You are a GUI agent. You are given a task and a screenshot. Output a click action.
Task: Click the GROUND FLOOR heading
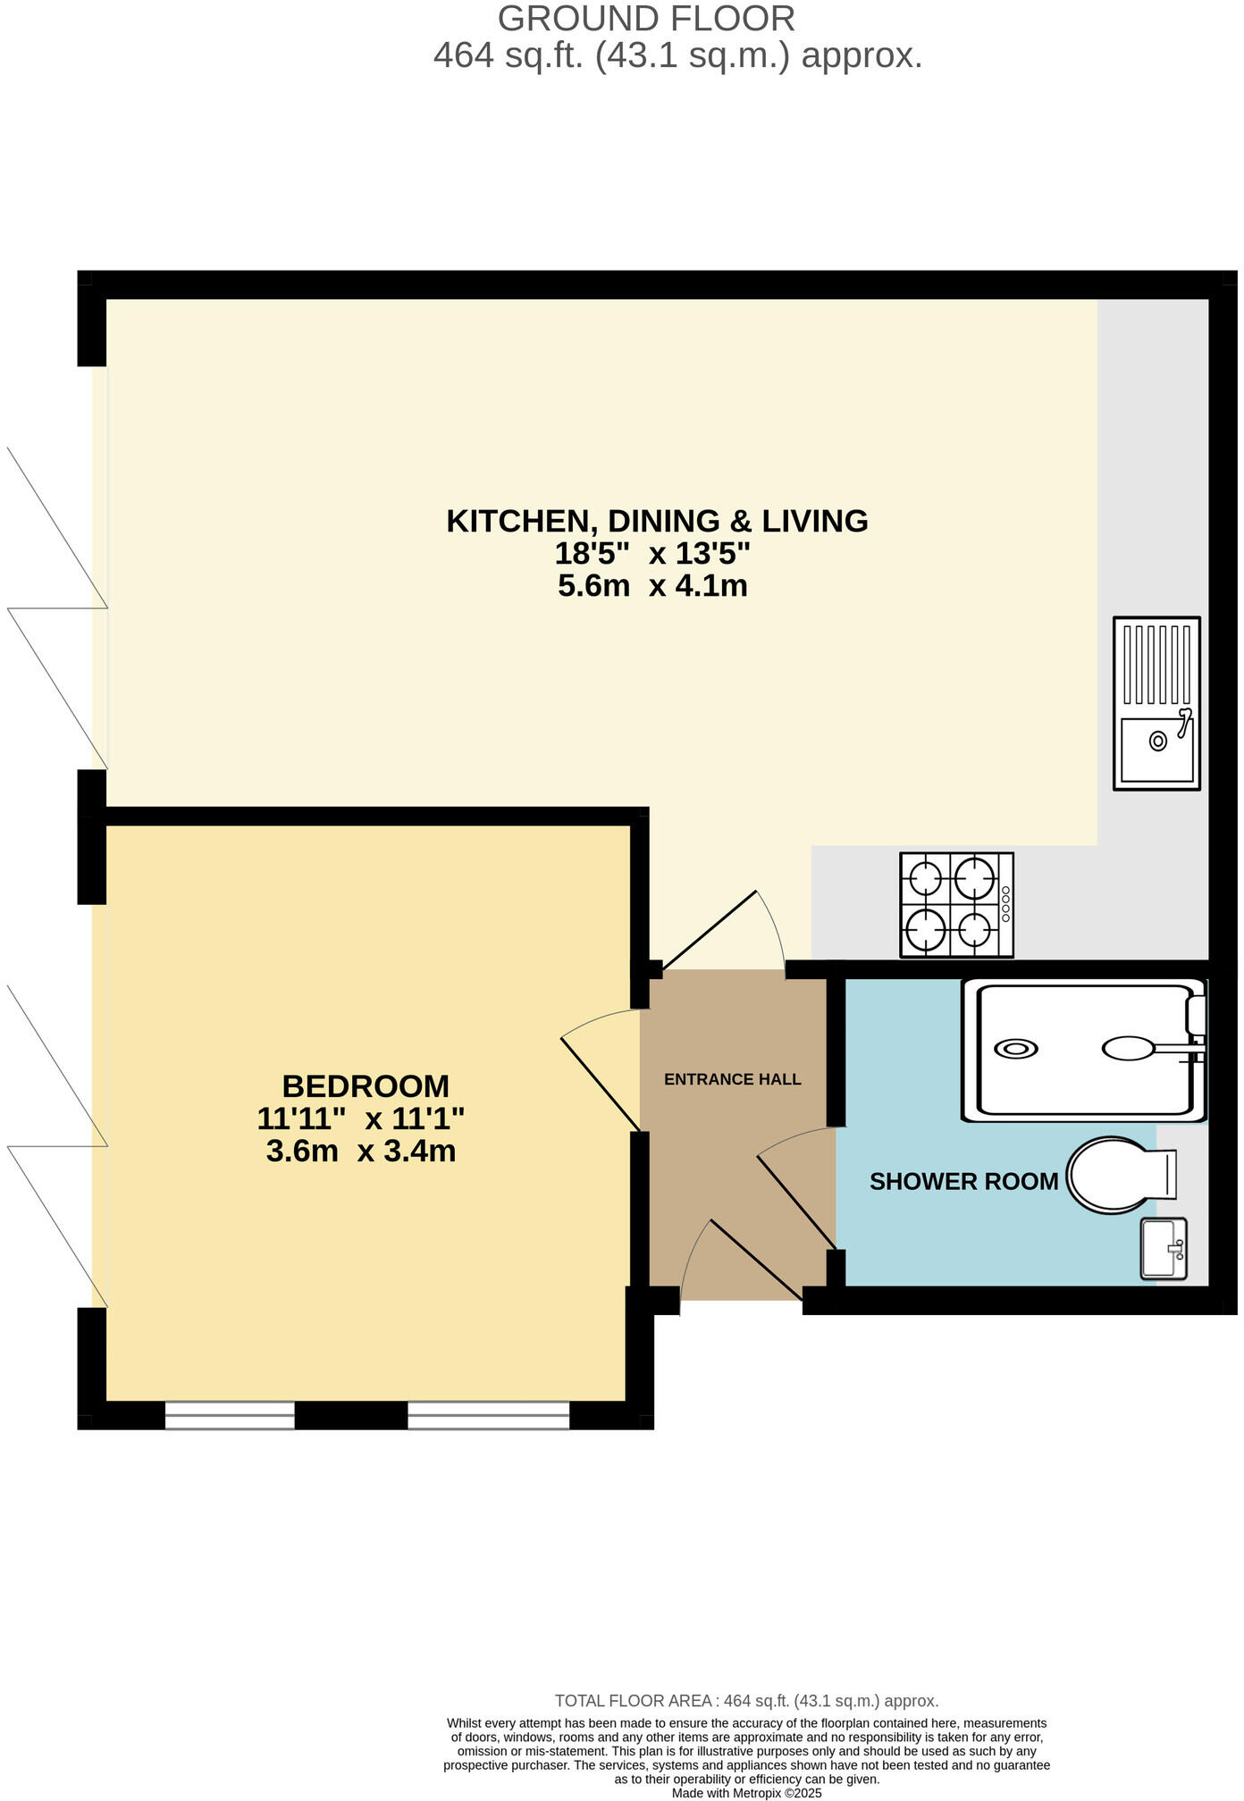point(645,19)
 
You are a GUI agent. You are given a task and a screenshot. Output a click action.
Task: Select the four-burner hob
point(956,904)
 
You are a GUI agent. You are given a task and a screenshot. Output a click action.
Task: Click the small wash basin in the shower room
point(1164,1248)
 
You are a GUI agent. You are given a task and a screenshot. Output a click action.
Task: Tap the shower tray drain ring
point(1016,1049)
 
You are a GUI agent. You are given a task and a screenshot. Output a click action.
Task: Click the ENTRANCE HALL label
point(732,1079)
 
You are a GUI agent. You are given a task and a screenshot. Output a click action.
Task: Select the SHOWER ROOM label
point(963,1181)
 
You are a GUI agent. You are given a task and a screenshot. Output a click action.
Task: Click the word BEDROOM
point(366,1086)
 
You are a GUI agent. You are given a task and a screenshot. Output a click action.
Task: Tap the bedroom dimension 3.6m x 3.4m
point(361,1151)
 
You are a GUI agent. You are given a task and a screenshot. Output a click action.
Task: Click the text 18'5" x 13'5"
point(651,554)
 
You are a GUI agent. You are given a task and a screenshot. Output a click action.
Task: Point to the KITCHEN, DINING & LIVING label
point(657,521)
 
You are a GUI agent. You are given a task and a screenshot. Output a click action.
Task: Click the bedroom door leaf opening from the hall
point(600,1083)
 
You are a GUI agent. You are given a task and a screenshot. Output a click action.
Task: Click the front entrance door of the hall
point(755,1260)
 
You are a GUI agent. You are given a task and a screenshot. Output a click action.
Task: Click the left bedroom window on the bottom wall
point(230,1415)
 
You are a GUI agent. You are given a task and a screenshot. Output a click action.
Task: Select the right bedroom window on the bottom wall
point(489,1415)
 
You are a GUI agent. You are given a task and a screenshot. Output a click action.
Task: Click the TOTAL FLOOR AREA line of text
point(746,1701)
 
